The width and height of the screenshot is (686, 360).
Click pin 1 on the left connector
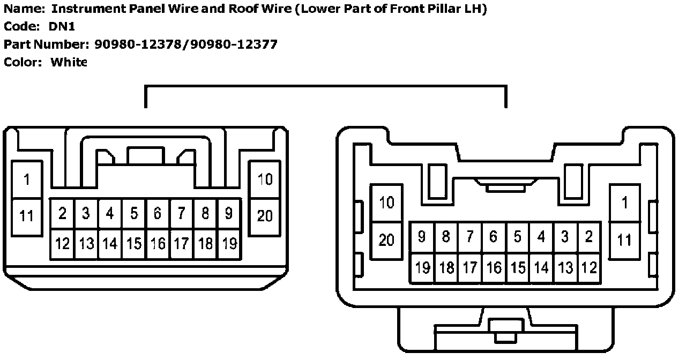pos(27,179)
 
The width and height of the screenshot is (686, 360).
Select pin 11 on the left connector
pos(27,216)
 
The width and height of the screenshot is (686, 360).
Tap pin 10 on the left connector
pos(265,179)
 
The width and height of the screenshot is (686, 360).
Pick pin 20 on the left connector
pos(265,216)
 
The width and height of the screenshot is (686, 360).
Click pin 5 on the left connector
pos(134,214)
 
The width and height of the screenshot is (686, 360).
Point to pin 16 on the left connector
pos(158,244)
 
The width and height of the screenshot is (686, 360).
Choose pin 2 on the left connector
pos(62,214)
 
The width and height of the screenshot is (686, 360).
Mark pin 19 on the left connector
pos(229,244)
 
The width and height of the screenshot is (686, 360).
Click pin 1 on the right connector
pos(624,203)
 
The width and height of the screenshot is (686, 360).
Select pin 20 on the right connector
pos(386,240)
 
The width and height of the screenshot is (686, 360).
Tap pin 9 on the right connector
pos(422,237)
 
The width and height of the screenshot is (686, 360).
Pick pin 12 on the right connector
pos(589,267)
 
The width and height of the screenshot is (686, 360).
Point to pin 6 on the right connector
pos(493,237)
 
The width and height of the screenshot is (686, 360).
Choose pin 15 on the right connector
pos(517,267)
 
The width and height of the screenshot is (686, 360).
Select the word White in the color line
pos(69,62)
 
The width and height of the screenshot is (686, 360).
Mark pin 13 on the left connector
pos(86,244)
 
